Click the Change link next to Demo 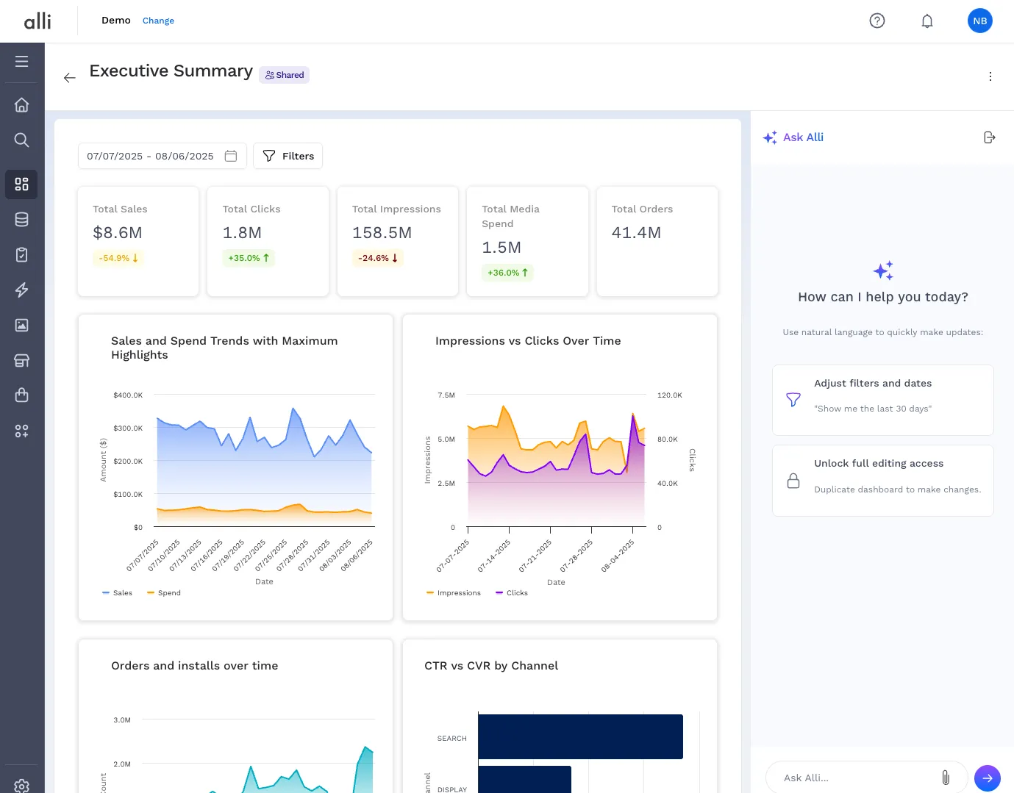click(158, 21)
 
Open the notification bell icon click(926, 21)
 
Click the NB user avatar click(979, 21)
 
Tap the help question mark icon click(876, 21)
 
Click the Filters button click(288, 156)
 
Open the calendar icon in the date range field click(231, 156)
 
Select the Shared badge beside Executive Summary click(284, 75)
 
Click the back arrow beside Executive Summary click(70, 77)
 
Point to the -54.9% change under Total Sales click(118, 258)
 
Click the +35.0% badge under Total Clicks click(249, 258)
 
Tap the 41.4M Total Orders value click(636, 233)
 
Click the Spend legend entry click(164, 592)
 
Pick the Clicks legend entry click(512, 592)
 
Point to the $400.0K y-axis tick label click(128, 395)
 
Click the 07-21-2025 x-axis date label click(535, 556)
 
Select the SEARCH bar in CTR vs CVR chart click(580, 736)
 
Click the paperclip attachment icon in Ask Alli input click(946, 777)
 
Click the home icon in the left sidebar click(21, 105)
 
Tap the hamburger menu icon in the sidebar click(21, 62)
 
